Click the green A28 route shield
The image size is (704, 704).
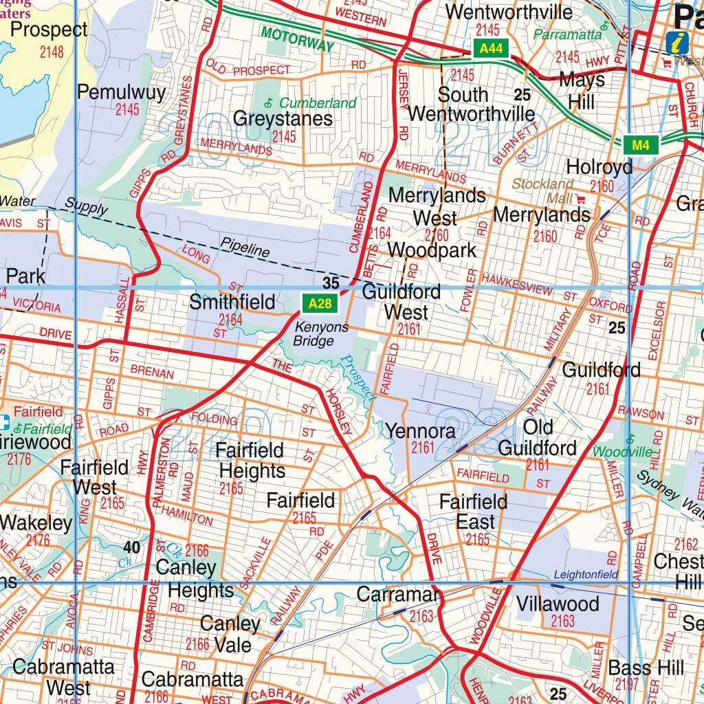tap(319, 303)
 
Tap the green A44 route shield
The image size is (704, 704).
tap(491, 48)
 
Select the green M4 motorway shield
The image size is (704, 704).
tap(641, 145)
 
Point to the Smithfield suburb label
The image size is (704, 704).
tap(232, 302)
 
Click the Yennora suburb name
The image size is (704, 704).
tap(420, 431)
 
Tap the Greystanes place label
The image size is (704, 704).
tap(283, 118)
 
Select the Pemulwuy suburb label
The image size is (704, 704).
tap(121, 92)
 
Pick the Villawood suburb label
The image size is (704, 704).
tap(558, 604)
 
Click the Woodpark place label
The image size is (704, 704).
tap(432, 250)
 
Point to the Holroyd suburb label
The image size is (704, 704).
tap(599, 167)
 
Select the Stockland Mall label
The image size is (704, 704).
tap(543, 191)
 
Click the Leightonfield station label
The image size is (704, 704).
tap(586, 575)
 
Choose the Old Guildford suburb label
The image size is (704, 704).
tap(538, 438)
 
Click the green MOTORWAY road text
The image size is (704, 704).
tap(297, 41)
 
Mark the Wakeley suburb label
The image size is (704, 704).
tap(36, 523)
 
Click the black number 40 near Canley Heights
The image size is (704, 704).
tap(131, 547)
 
